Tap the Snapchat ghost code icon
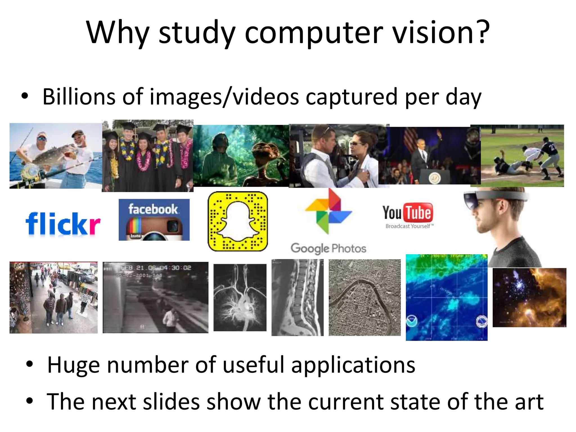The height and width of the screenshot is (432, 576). point(238,221)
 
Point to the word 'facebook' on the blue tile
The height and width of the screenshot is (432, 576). point(153,209)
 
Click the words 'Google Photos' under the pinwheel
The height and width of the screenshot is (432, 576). point(328,248)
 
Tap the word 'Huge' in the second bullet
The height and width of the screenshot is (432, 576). point(73,365)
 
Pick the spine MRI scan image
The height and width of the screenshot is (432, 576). point(297,298)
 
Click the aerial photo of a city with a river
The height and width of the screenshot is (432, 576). point(364,298)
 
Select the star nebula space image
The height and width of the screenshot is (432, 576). point(529,298)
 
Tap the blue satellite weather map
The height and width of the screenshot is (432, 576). point(446,298)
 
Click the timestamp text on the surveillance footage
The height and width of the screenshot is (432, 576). point(156,268)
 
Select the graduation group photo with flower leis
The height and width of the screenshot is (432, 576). point(147,156)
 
